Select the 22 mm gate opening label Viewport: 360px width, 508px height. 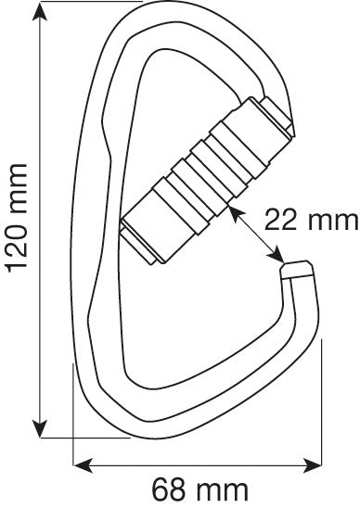pyautogui.click(x=310, y=221)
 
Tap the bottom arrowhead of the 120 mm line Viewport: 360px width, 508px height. pyautogui.click(x=39, y=427)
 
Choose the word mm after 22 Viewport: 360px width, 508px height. pyautogui.click(x=331, y=221)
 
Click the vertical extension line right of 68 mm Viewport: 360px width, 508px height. pyautogui.click(x=322, y=399)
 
